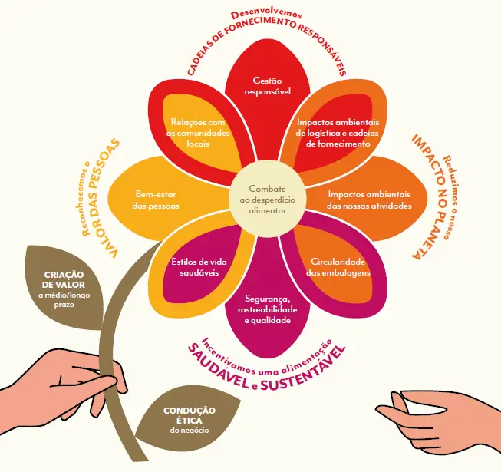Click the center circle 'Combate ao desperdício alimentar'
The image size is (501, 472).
268,200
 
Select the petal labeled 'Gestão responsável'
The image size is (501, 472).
268,96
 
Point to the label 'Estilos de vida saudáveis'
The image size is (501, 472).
199,267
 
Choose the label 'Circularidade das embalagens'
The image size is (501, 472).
338,267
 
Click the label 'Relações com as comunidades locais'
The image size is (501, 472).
198,133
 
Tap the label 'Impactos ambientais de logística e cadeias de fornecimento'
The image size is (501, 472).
338,133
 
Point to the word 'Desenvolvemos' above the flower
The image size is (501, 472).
266,15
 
